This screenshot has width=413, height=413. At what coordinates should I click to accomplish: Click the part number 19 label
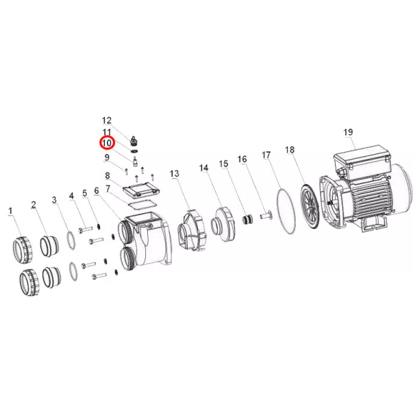(x=348, y=132)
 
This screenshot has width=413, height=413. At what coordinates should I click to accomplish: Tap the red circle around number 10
(x=107, y=143)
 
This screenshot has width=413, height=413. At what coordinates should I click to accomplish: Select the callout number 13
(x=175, y=173)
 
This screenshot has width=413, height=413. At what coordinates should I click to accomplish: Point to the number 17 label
(x=266, y=155)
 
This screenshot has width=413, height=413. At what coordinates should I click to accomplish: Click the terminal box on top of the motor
(x=362, y=160)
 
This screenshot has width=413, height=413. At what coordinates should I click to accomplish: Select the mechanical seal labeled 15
(x=247, y=219)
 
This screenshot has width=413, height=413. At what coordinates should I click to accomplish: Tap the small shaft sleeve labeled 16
(x=266, y=214)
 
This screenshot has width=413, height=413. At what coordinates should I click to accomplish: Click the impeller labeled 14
(x=223, y=224)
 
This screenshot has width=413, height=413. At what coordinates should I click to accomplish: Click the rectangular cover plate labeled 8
(x=142, y=190)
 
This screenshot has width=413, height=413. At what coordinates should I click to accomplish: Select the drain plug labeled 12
(x=134, y=141)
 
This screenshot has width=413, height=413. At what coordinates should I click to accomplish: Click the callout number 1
(x=10, y=211)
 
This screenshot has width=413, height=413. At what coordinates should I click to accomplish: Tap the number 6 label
(x=97, y=190)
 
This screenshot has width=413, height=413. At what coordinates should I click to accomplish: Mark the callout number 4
(x=71, y=196)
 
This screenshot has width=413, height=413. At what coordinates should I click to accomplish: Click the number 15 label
(x=223, y=164)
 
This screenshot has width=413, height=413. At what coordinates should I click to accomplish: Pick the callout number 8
(x=108, y=175)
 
